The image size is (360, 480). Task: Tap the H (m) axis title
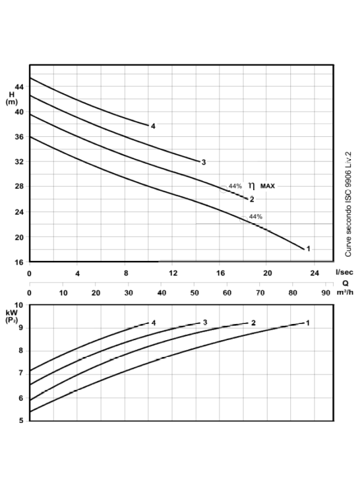[x=12, y=98]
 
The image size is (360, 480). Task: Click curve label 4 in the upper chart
[x=154, y=126]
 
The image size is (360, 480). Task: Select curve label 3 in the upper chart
[x=204, y=162]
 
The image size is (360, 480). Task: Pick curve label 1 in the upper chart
[x=308, y=248]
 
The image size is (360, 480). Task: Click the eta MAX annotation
[x=262, y=186]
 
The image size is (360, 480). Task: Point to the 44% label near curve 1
[x=256, y=217]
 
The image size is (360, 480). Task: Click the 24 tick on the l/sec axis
[x=315, y=273]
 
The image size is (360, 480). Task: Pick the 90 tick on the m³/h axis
[x=325, y=293]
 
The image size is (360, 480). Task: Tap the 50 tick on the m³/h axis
[x=194, y=293]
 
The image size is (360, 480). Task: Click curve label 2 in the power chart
[x=254, y=323]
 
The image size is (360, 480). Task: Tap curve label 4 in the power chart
[x=154, y=323]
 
